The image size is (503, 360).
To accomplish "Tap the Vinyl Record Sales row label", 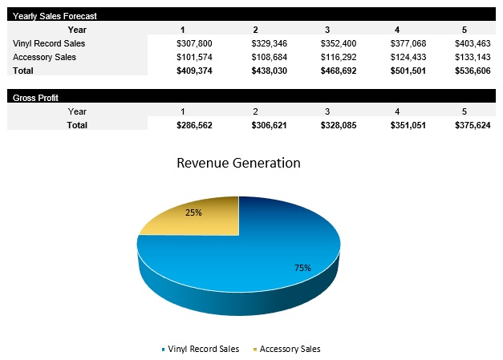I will pos(49,43).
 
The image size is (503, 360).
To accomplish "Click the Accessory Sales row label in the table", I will pos(45,57).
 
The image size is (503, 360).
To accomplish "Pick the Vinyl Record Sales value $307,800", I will pos(193,43).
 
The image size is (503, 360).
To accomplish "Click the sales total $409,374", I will pos(193,71).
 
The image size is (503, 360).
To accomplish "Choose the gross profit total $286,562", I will pos(193,125).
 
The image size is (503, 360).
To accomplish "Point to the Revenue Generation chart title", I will pos(238,163).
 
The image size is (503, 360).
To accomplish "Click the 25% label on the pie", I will pos(193,212).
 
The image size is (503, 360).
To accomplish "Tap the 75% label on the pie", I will pos(302,267).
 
